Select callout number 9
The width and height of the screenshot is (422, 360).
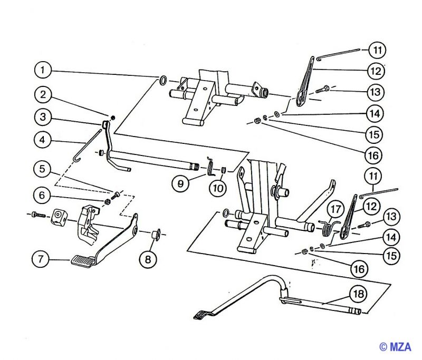[180, 184]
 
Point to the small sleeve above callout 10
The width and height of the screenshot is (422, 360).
[223, 170]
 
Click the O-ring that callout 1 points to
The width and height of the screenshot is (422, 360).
[164, 81]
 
